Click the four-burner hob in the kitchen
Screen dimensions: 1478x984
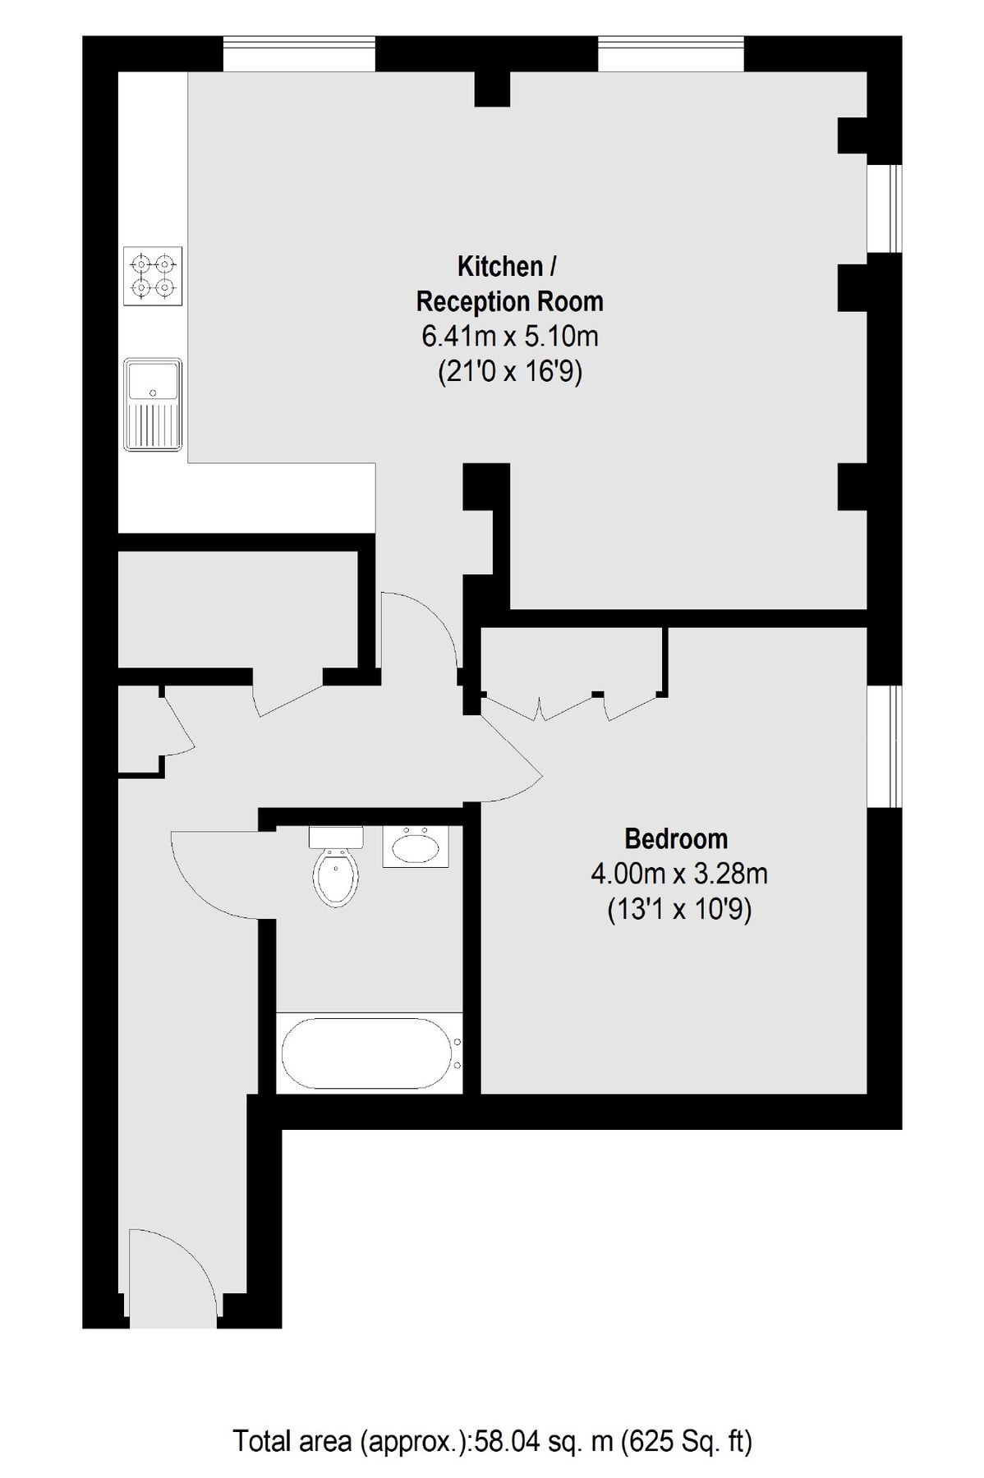point(154,276)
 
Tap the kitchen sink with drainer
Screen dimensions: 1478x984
point(153,404)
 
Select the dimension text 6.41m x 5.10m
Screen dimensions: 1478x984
point(509,337)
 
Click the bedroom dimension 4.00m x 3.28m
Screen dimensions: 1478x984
point(678,874)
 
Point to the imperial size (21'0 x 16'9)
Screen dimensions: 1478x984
point(509,373)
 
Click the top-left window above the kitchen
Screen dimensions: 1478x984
point(299,54)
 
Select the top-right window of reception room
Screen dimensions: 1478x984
point(670,54)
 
